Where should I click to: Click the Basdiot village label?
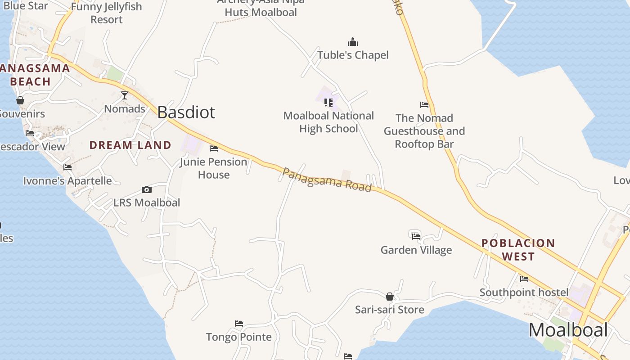(186, 112)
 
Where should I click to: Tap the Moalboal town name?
(568, 330)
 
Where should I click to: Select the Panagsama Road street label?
(327, 180)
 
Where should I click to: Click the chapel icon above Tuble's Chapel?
(353, 42)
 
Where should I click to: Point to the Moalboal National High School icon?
(328, 103)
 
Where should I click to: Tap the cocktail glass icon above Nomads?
(125, 95)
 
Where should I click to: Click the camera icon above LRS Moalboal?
(146, 190)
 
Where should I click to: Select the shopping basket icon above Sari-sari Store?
(390, 297)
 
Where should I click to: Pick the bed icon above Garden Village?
(416, 236)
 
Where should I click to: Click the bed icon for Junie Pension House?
(214, 148)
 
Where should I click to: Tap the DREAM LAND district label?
(130, 145)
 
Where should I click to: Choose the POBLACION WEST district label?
(518, 250)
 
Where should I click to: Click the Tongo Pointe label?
(238, 337)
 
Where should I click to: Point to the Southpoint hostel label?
(524, 292)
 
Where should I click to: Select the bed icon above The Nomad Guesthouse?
(424, 105)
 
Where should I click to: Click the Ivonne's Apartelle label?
(67, 181)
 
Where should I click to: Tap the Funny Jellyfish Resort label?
(107, 13)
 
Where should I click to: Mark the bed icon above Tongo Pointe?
(239, 324)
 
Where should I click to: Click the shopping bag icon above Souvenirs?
(20, 100)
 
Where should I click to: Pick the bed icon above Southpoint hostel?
(524, 279)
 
